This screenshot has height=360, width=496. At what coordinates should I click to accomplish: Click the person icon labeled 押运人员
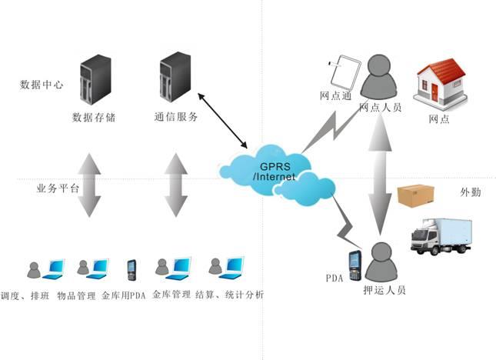[381, 262]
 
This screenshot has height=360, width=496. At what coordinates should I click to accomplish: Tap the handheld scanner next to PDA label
[355, 265]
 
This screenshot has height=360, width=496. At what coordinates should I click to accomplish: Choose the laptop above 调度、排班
[52, 268]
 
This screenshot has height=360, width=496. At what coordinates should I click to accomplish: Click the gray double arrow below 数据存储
[90, 185]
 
